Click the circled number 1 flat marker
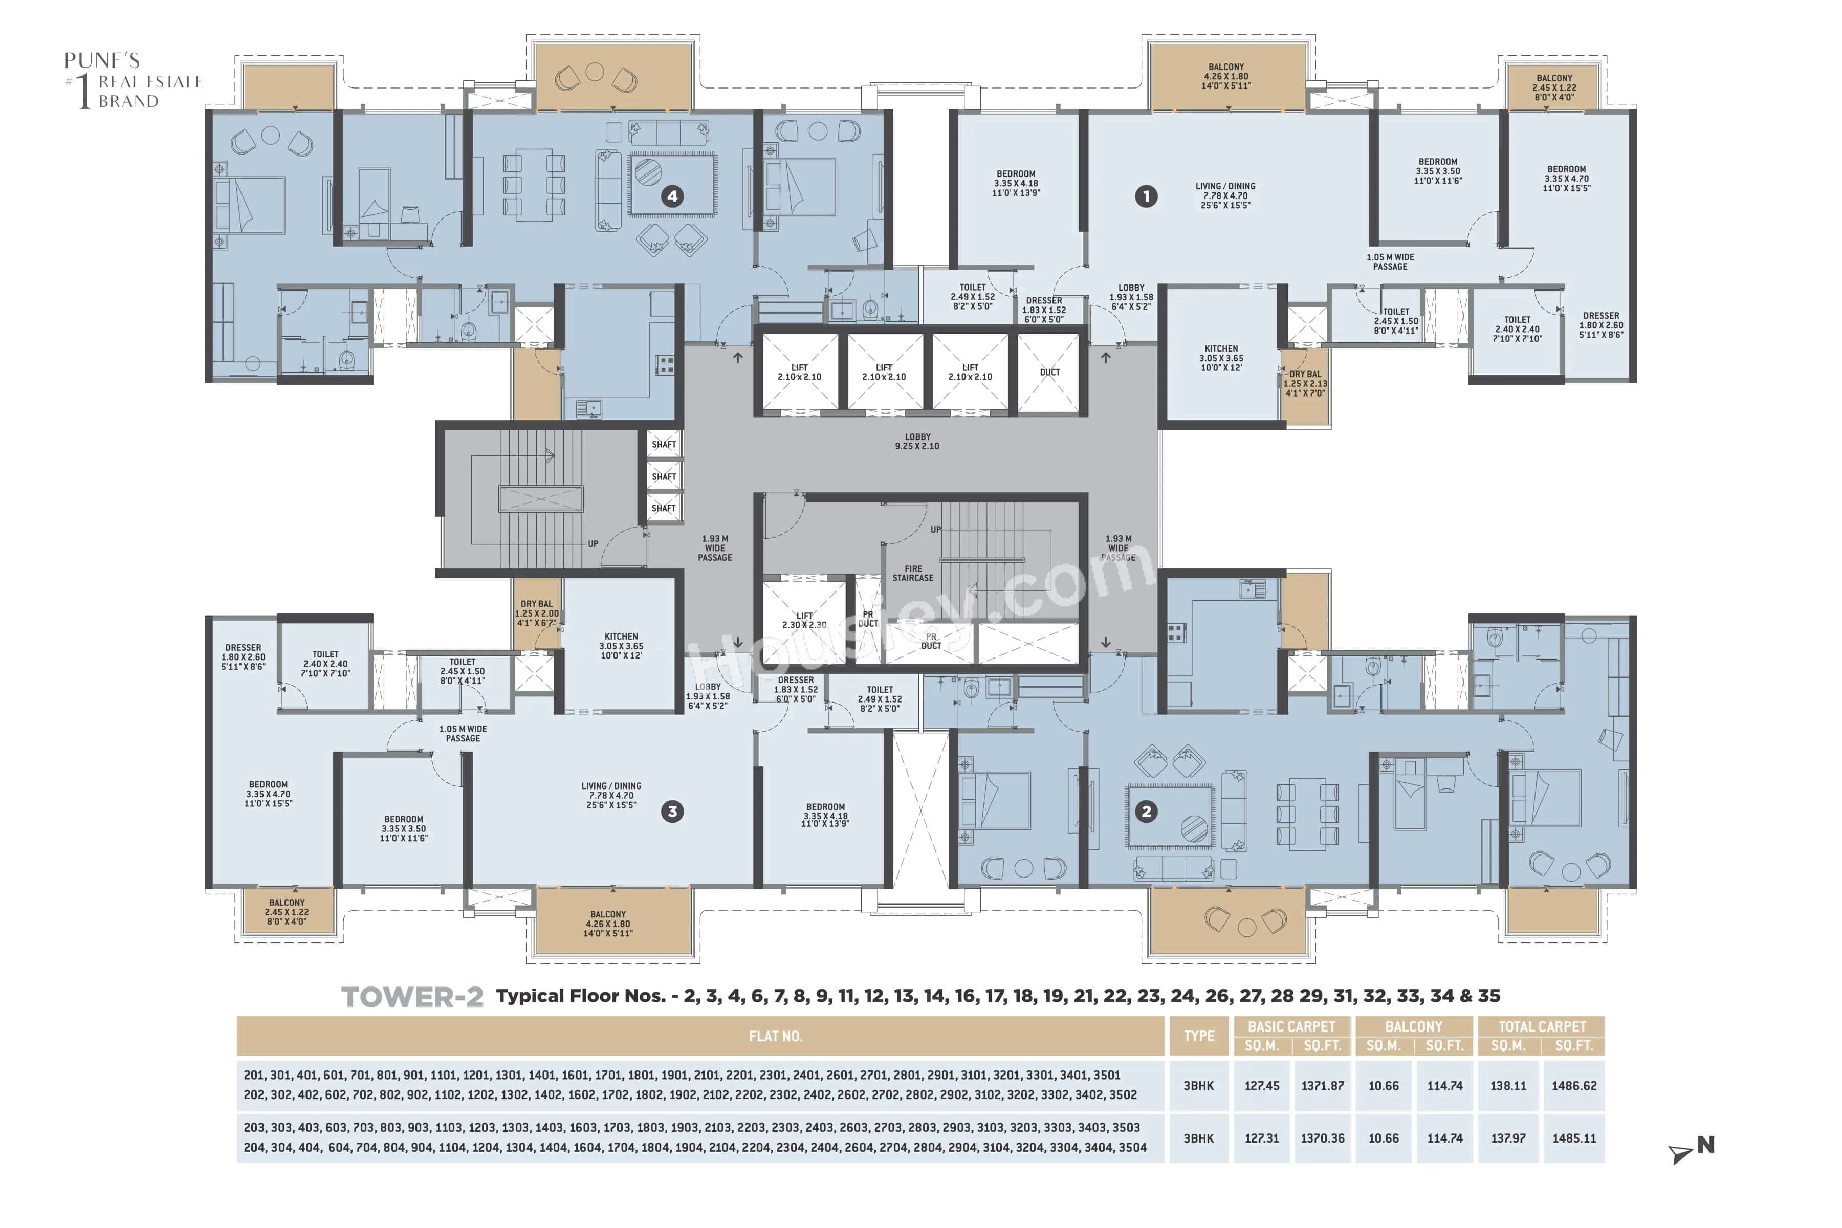tap(1146, 196)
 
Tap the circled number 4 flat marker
tap(672, 196)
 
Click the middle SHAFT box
tap(663, 476)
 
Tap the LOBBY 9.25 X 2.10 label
tap(917, 442)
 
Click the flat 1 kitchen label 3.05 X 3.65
tap(1221, 358)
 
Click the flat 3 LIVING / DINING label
tap(611, 795)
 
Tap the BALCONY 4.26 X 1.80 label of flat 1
tap(1225, 76)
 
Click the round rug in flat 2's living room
tap(1194, 828)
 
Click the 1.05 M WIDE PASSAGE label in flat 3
tap(463, 733)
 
